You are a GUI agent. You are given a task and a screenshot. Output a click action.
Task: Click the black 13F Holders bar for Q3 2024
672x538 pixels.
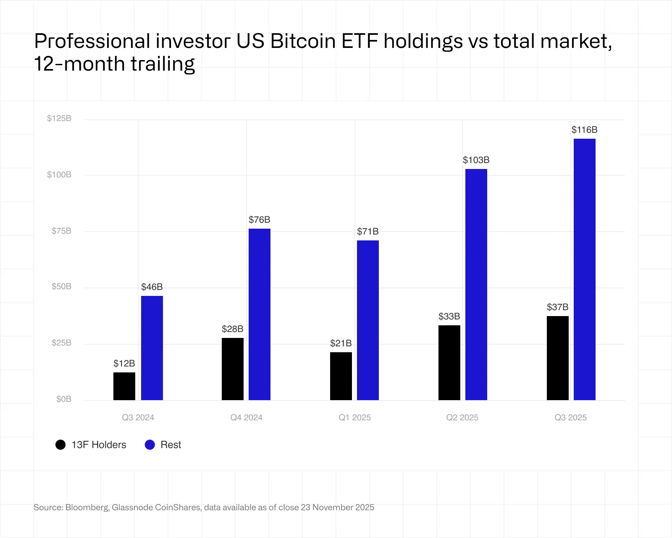coord(124,386)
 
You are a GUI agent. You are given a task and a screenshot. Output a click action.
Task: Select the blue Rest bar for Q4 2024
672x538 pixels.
coord(260,314)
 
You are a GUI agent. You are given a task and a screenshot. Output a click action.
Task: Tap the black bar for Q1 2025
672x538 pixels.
coord(341,376)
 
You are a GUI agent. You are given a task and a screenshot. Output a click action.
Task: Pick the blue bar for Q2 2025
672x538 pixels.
coord(476,285)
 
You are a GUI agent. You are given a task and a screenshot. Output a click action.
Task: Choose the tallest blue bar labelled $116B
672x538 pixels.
coord(585,269)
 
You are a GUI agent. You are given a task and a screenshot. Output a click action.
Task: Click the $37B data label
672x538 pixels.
coord(558,307)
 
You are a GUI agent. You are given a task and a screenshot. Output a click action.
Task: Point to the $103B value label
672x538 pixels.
coord(476,160)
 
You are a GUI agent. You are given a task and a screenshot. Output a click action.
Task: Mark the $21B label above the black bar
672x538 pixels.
coord(341,343)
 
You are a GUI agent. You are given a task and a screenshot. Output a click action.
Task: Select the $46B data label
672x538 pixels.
coord(152,287)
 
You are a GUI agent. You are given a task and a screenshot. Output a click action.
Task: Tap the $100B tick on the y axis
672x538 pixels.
coord(59,175)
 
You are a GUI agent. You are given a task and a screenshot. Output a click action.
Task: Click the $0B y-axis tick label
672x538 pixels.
coord(64,399)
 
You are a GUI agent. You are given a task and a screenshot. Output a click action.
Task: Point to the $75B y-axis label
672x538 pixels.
coord(61,231)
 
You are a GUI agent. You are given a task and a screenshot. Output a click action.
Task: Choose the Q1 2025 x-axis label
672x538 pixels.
coord(355,418)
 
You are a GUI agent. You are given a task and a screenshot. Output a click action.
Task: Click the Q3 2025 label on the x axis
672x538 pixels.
coord(571,418)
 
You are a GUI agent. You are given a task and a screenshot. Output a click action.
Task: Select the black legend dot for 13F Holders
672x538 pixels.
coord(60,445)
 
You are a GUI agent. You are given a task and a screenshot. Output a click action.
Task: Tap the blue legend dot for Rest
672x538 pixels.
coord(150,445)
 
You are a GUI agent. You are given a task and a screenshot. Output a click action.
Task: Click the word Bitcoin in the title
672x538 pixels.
coord(303,41)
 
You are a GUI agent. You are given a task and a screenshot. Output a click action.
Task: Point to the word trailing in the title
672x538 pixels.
coord(163,64)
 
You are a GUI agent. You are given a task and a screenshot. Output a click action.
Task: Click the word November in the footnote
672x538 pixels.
coord(332,507)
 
